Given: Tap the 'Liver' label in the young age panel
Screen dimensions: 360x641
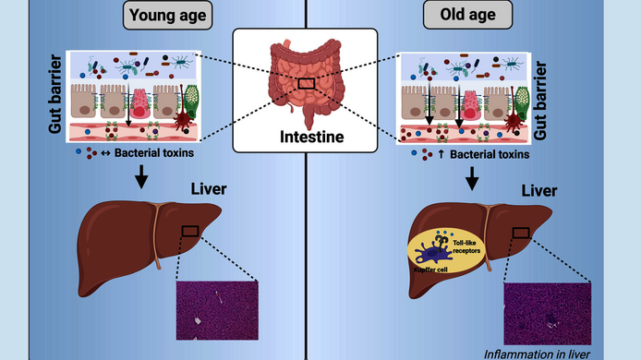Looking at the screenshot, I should [x=206, y=190].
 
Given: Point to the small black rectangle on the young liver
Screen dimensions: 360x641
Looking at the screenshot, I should [x=191, y=232].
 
